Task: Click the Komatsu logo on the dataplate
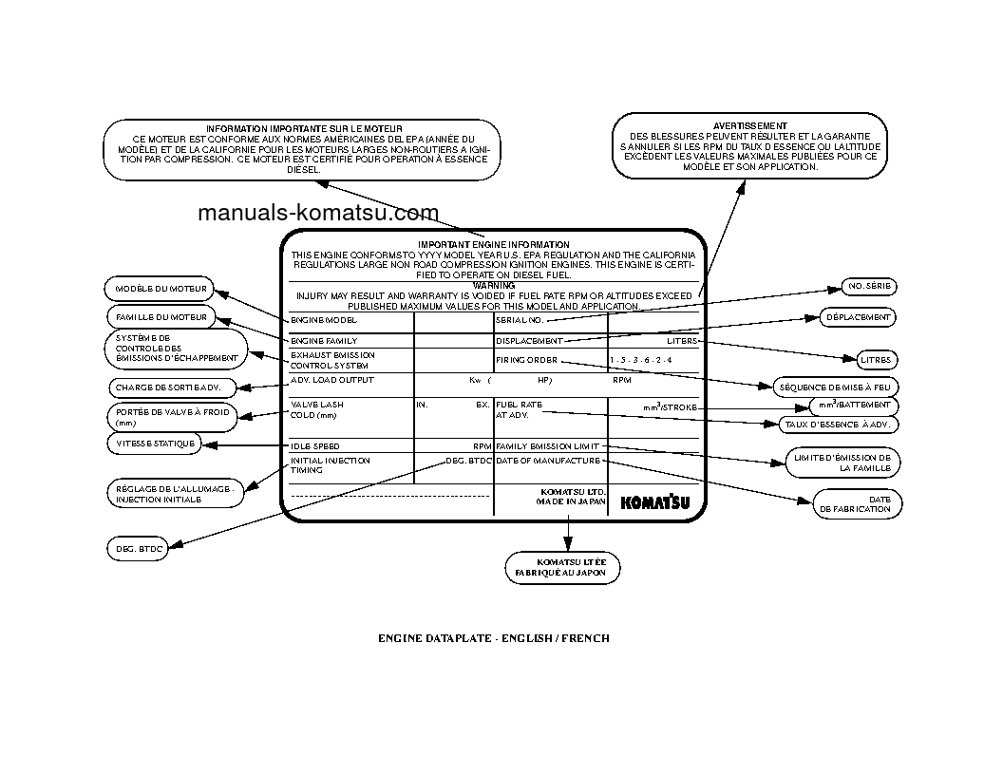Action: pyautogui.click(x=655, y=502)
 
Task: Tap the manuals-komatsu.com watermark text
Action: pyautogui.click(x=318, y=214)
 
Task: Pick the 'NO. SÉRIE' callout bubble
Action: pyautogui.click(x=869, y=287)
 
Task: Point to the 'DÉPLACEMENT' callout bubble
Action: pyautogui.click(x=857, y=317)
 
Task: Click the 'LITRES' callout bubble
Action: pyautogui.click(x=875, y=360)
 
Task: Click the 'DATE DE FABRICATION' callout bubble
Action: pyautogui.click(x=857, y=503)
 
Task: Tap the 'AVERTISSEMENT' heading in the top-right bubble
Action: pyautogui.click(x=749, y=125)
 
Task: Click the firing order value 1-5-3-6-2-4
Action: pyautogui.click(x=641, y=361)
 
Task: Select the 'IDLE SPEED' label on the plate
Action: pyautogui.click(x=314, y=446)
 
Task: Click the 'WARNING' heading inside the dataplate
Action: pyautogui.click(x=494, y=285)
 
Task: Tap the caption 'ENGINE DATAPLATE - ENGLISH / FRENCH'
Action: pyautogui.click(x=494, y=638)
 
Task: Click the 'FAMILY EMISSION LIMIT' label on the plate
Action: pyautogui.click(x=548, y=446)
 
